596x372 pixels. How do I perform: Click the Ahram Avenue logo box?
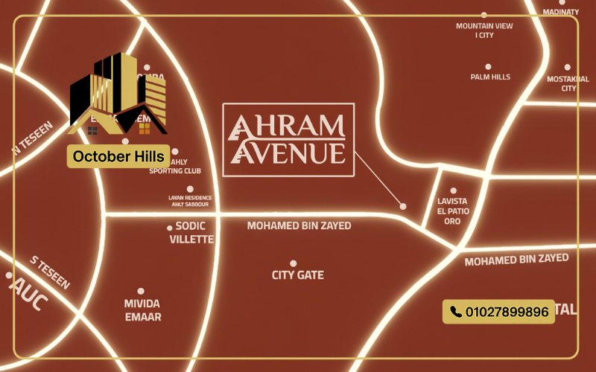point(288,139)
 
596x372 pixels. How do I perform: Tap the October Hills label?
point(118,157)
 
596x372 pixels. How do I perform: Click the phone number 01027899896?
point(507,312)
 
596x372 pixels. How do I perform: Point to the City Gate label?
point(297,275)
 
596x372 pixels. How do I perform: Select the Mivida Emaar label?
point(142,310)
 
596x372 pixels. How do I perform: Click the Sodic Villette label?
point(191,232)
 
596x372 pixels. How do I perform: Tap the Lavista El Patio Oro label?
point(453,211)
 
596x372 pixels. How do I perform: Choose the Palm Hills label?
point(490,77)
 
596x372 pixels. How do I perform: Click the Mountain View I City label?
point(484,31)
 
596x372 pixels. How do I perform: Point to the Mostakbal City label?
point(568,83)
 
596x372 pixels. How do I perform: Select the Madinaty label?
point(560,12)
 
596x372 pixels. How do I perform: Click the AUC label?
point(30,298)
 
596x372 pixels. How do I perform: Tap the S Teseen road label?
point(50,273)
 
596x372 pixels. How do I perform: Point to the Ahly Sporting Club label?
point(175,166)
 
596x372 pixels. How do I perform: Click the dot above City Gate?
point(294,263)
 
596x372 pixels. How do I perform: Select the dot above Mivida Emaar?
point(141,291)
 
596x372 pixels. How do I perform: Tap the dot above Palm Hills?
point(488,66)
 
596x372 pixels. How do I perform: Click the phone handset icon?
point(456,312)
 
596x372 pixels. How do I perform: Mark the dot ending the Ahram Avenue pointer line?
point(403,206)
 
